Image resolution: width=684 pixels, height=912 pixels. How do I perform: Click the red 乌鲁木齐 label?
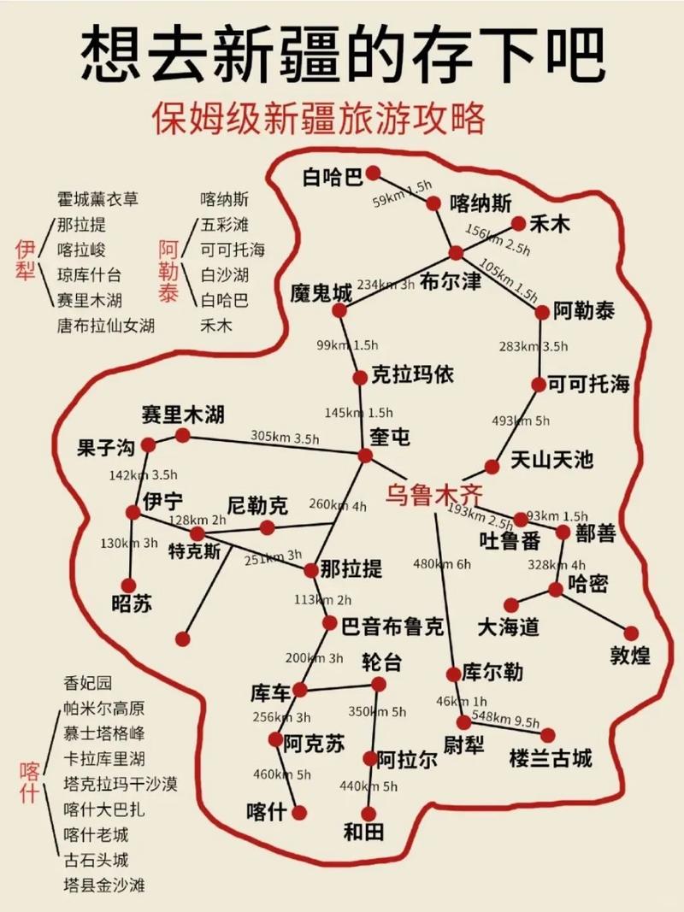point(433,494)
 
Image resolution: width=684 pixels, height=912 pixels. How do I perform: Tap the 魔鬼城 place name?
point(321,292)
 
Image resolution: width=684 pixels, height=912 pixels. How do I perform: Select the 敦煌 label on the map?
point(630,656)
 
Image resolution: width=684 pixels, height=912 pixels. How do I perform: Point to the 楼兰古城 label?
point(550,757)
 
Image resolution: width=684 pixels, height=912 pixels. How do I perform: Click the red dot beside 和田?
point(369,814)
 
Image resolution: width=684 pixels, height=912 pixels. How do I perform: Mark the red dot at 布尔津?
point(456,253)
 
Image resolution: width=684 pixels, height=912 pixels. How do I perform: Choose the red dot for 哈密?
point(556,589)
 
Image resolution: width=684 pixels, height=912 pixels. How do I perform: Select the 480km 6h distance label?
point(442,563)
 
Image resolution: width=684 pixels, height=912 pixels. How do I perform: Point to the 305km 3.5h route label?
point(285,437)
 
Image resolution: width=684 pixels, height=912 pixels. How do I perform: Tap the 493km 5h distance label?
point(522,421)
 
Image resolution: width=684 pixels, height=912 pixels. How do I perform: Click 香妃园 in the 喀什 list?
point(88,684)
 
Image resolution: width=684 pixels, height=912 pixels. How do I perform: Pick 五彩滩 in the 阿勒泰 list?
point(225,226)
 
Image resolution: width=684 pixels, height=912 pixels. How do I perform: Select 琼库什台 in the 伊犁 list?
point(89,275)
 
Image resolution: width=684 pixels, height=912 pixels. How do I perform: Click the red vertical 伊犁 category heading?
point(25,262)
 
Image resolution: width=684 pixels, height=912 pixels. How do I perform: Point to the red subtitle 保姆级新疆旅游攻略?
point(320,118)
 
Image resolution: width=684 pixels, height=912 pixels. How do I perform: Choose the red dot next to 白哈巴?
point(373,174)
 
